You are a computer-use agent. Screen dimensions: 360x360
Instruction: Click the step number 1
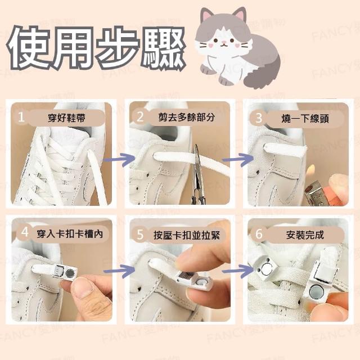coord(21,116)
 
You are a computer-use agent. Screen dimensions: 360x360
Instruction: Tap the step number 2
coord(140,116)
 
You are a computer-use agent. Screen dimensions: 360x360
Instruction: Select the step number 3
coord(259,118)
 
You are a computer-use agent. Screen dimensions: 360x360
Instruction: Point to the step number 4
coord(25,232)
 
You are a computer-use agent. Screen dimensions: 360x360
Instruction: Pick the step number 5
coord(140,235)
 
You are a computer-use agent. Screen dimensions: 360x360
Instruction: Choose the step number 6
coord(259,234)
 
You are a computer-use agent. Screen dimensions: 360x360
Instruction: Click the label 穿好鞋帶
coord(66,118)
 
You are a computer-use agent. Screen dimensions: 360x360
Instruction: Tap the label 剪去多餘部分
coord(186,117)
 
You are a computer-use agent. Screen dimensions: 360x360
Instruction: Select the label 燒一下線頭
coord(305,119)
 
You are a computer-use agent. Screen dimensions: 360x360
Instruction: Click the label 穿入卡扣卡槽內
coord(70,234)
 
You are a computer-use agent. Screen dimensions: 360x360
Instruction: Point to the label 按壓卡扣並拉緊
coord(187,235)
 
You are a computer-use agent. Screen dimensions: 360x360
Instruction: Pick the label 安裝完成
coord(305,235)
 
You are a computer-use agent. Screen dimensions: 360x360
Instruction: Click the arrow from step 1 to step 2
coord(119,159)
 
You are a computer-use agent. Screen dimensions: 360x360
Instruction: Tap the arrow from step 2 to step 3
coord(238,159)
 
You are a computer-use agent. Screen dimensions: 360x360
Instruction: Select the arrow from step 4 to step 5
coord(119,271)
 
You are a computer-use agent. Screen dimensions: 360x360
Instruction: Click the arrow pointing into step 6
coord(238,271)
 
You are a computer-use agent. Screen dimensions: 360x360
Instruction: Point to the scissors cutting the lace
coord(198,174)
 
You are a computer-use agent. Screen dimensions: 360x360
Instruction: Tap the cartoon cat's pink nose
coord(223,42)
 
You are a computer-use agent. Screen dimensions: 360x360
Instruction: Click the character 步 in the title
coord(118,47)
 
